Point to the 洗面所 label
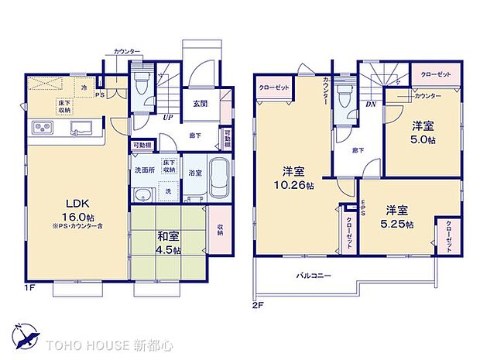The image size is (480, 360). (x=143, y=170)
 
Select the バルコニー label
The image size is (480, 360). (x=314, y=276)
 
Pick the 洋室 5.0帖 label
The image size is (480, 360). (x=422, y=132)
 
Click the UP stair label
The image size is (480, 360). (x=167, y=118)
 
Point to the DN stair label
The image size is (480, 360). (x=370, y=103)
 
